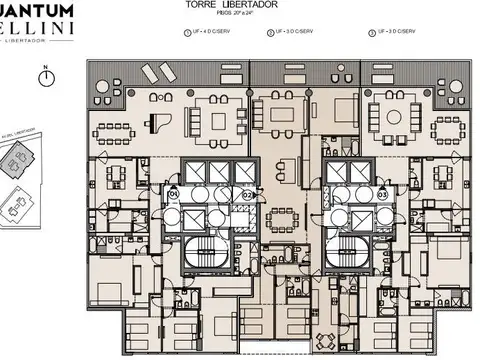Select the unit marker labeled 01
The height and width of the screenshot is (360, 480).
[x=172, y=192]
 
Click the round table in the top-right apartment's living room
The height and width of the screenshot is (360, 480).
[x=386, y=116]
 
